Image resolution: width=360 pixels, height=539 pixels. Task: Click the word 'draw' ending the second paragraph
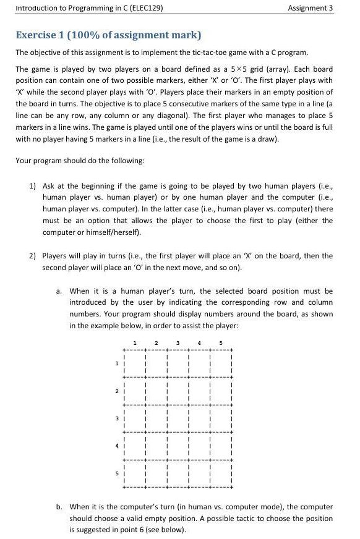(266, 138)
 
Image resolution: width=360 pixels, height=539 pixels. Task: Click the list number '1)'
(33, 185)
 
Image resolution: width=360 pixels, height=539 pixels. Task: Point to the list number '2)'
(33, 255)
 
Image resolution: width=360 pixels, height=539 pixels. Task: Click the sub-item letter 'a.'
(59, 291)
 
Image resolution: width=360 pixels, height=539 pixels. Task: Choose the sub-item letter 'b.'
(59, 506)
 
